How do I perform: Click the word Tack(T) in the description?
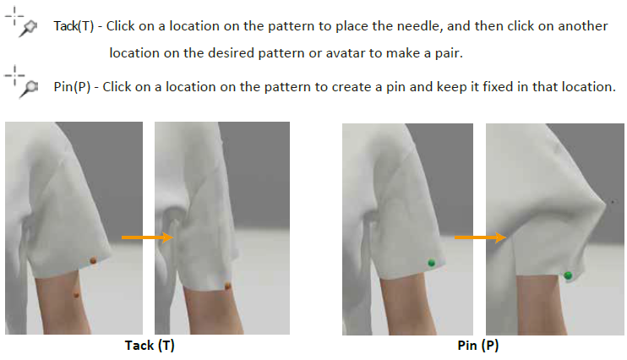(x=74, y=26)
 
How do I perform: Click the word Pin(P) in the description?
(x=72, y=87)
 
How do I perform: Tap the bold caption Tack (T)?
(x=150, y=345)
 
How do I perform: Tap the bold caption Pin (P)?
(x=478, y=345)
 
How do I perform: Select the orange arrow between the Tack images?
(x=147, y=237)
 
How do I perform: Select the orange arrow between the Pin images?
(x=480, y=237)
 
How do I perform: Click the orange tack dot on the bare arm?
(x=76, y=295)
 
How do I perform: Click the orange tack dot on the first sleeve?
(x=93, y=261)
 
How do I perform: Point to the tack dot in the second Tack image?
(x=227, y=286)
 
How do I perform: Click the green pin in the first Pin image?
(x=432, y=263)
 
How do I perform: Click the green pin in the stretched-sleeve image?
(x=568, y=275)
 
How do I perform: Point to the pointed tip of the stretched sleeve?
(x=605, y=204)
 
